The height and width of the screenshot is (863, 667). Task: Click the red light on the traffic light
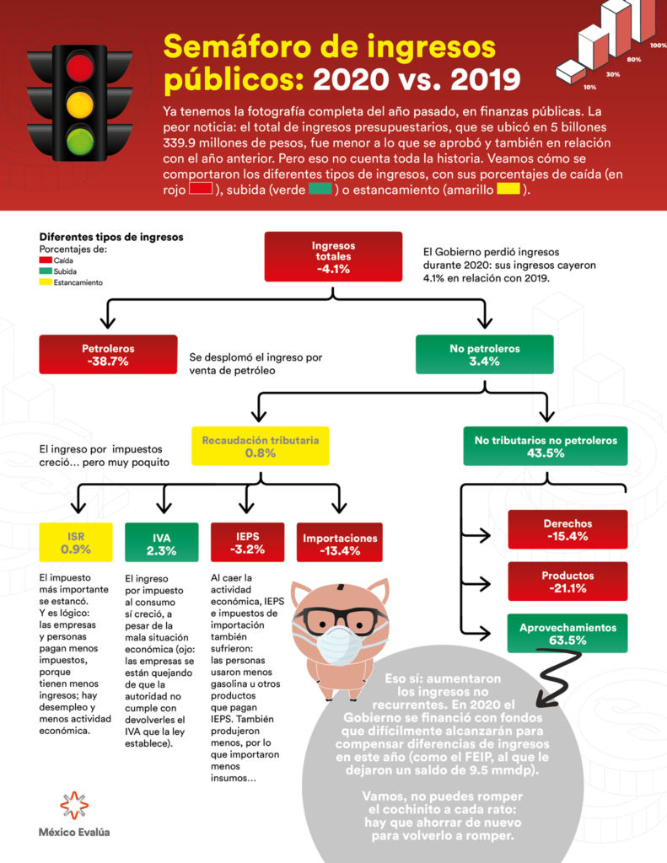pos(80,66)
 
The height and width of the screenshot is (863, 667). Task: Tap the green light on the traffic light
pos(80,140)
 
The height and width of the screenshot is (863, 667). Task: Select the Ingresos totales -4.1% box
pos(333,256)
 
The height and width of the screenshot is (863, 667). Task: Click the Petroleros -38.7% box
pos(108,355)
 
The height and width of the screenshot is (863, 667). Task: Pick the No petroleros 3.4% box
pos(485,355)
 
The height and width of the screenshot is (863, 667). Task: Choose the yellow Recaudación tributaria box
pos(261,447)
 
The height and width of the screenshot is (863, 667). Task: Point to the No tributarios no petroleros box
pos(546,447)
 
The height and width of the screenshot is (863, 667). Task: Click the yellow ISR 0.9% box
pos(76,542)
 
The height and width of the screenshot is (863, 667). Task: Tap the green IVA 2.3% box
pos(161,542)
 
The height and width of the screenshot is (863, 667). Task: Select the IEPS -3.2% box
pos(247,542)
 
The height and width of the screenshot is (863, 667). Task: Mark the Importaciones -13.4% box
pos(340,542)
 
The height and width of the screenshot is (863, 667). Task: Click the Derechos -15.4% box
pos(567,529)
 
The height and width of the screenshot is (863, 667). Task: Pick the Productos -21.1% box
pos(567,582)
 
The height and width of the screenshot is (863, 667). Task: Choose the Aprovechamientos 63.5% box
pos(567,634)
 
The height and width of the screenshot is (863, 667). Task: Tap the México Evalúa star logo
pos(74,806)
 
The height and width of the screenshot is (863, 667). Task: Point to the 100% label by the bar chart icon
pos(658,46)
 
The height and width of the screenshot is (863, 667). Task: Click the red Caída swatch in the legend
pos(46,260)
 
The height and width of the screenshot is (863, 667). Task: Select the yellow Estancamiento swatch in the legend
pos(46,282)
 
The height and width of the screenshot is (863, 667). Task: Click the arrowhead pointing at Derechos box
pos(485,534)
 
